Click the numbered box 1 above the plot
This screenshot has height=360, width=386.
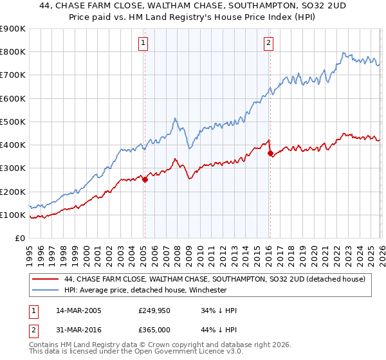point(143,44)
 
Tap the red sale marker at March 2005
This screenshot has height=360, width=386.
point(145,180)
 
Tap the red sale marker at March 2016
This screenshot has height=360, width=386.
point(270,153)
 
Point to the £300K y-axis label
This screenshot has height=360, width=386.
point(13,168)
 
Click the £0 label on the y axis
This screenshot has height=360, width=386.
point(19,239)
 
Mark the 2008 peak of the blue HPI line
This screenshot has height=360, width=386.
point(175,119)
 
